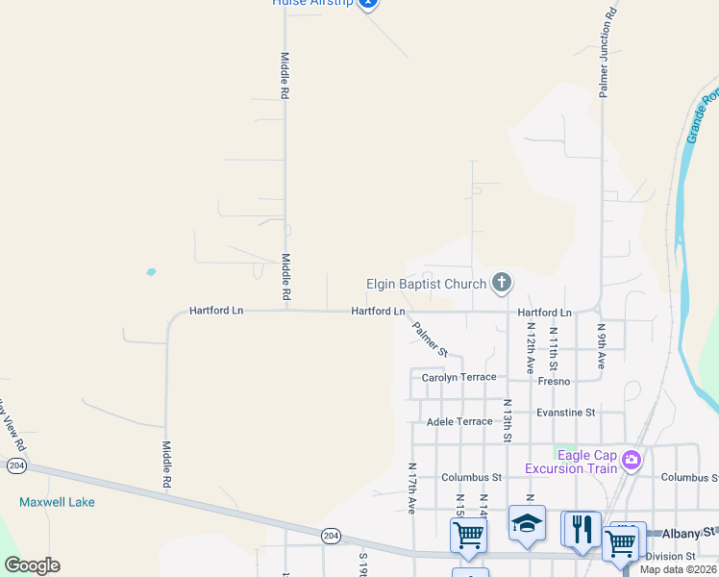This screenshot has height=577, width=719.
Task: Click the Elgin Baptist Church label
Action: (x=426, y=284)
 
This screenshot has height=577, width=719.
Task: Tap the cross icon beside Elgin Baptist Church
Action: (x=501, y=283)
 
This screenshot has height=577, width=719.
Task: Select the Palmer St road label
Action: (x=430, y=339)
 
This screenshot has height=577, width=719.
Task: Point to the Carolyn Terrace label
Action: (x=459, y=378)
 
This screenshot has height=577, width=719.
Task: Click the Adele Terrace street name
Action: (x=459, y=421)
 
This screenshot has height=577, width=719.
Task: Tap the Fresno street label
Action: (x=554, y=382)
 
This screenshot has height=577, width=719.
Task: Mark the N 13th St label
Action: (x=508, y=422)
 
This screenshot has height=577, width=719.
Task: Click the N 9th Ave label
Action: (x=602, y=346)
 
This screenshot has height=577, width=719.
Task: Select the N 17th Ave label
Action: (x=411, y=487)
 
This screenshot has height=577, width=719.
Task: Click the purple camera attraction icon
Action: (x=632, y=460)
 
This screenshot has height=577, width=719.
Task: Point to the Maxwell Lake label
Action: (x=57, y=502)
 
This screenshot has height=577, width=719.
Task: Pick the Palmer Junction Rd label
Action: (x=606, y=54)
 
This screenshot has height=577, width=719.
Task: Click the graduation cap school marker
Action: (x=527, y=524)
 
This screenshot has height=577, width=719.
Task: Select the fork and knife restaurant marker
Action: (x=581, y=529)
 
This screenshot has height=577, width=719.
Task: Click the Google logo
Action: (x=32, y=565)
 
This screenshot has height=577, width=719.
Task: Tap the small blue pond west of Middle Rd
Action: (x=151, y=272)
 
